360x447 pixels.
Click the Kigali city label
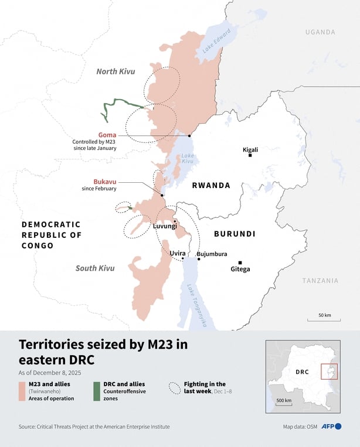click(x=250, y=149)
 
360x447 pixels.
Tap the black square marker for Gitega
click(x=240, y=262)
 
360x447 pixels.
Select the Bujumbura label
click(x=211, y=254)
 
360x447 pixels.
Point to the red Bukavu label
click(x=104, y=181)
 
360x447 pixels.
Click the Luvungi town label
click(x=165, y=226)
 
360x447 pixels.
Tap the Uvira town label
click(x=178, y=254)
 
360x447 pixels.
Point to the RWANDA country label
click(x=211, y=185)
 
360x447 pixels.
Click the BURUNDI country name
click(x=235, y=234)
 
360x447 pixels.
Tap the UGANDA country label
click(x=320, y=32)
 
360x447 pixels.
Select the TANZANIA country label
click(x=320, y=281)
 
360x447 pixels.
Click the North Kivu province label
click(x=116, y=71)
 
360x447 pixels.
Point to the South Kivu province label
click(x=95, y=268)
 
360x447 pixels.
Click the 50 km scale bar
click(x=324, y=320)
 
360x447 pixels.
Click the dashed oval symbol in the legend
click(x=174, y=387)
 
